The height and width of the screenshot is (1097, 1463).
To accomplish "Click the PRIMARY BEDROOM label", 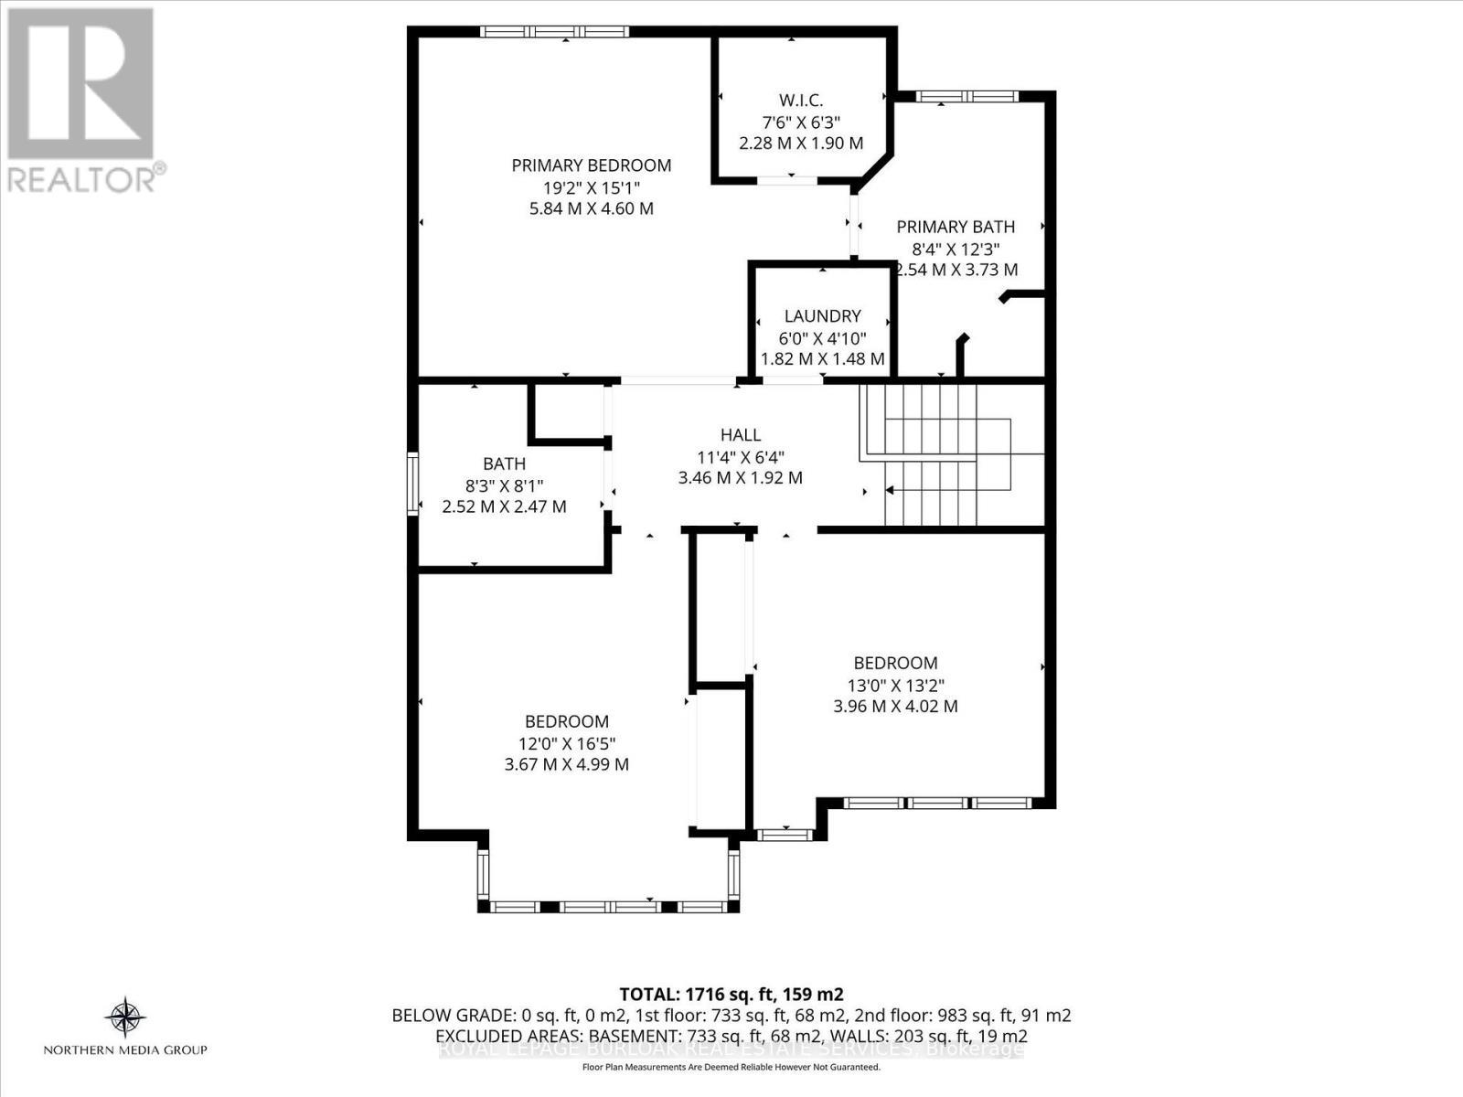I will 592,165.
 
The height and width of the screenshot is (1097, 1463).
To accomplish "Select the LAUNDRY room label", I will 822,316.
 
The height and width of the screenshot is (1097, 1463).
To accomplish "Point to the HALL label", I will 740,435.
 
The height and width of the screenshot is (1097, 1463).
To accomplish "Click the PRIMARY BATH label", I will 956,227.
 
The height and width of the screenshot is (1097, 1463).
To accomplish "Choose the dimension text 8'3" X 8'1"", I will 504,485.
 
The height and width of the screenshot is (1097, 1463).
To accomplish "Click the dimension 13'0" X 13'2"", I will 895,685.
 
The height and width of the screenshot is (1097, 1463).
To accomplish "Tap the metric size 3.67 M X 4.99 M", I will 566,764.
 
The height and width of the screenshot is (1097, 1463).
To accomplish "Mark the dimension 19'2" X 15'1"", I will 592,187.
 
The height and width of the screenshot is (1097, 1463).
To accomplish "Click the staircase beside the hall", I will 951,455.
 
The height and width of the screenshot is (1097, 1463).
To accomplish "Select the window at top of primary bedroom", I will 555,32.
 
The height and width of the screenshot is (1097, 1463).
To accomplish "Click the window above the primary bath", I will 966,96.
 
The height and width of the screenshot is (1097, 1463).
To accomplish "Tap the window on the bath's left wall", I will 412,484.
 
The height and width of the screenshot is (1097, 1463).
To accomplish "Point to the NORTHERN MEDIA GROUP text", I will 125,1050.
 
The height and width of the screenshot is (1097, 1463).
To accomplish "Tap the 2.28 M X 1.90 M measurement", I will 801,144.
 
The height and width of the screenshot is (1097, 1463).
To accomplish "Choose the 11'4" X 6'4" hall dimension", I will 740,456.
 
